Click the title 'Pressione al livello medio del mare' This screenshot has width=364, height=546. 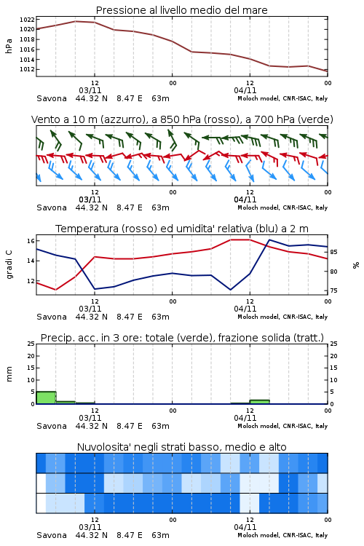[x=181, y=10]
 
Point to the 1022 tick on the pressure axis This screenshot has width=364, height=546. [x=27, y=20]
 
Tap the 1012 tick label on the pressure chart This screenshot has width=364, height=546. [x=27, y=69]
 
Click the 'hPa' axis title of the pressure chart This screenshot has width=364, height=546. [x=9, y=46]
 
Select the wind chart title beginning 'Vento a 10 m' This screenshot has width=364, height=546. [x=182, y=119]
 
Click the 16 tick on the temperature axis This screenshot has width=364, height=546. [x=31, y=241]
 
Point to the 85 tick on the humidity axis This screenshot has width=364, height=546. [x=333, y=252]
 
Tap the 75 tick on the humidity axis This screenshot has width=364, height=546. [x=333, y=290]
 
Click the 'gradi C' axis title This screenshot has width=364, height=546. [x=9, y=265]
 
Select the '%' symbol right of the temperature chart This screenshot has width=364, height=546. [x=356, y=265]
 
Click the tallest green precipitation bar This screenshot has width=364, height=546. [x=47, y=397]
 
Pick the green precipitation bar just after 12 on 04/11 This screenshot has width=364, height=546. [x=259, y=402]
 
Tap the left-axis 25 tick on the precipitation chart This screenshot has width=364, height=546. [x=31, y=344]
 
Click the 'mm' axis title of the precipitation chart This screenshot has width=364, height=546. [x=9, y=373]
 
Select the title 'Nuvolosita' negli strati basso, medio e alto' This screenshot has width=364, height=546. [x=181, y=447]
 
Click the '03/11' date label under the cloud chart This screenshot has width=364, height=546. [x=90, y=527]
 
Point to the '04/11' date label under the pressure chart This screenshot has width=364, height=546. [x=245, y=90]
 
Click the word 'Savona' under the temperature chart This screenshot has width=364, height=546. [x=52, y=317]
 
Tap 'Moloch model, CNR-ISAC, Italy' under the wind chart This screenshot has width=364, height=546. [x=282, y=207]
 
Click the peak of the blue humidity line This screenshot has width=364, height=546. [x=269, y=240]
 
